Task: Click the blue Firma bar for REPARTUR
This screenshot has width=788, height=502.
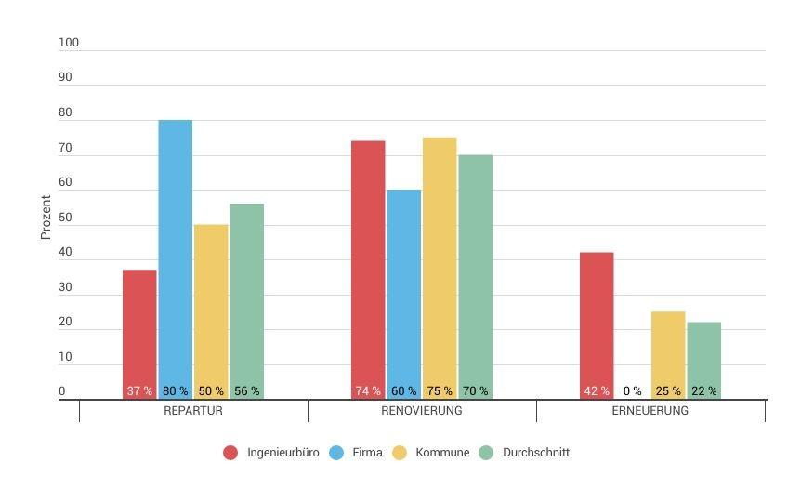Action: coord(175,251)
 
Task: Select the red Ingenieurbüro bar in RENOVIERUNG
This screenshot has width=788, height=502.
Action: coord(368,260)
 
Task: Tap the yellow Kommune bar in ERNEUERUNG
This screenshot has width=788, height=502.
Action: coord(668,349)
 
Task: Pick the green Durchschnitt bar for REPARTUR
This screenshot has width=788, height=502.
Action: coord(246,293)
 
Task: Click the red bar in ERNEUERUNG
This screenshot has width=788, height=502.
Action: coord(597,316)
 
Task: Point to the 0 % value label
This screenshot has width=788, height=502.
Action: coord(632,391)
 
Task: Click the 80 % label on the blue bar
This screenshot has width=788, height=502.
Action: coord(175,391)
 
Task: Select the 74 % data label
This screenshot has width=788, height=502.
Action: coord(368,391)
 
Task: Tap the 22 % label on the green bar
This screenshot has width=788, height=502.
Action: coord(703,391)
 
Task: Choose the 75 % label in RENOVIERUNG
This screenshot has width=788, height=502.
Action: coord(440,391)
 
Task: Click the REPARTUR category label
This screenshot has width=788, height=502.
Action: coord(193,411)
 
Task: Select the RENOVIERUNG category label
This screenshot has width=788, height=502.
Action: coord(422,411)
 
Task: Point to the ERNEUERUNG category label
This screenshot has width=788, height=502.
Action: coord(650,411)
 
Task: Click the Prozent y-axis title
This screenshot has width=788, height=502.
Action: coord(46,218)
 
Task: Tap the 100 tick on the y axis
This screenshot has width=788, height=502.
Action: coord(69,43)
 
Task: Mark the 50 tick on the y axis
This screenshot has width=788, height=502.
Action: coord(65,218)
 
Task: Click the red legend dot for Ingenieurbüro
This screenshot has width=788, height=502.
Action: coord(230,453)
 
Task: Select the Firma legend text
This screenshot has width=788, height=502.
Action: coord(367,453)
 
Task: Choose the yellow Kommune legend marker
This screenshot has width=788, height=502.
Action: coord(400,453)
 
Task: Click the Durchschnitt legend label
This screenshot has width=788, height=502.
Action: coord(535,453)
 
